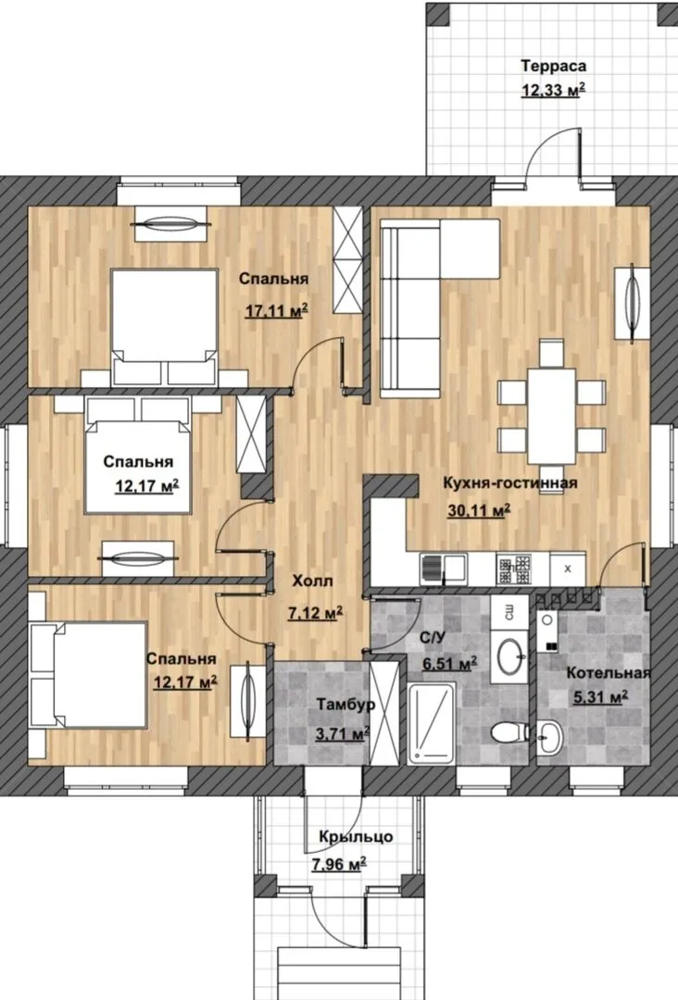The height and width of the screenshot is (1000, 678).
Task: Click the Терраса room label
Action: pos(554,66)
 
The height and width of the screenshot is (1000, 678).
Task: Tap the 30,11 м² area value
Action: pos(479,511)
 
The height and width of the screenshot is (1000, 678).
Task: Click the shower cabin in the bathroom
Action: pos(432,723)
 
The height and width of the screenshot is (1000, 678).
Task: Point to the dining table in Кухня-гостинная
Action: pos(551,416)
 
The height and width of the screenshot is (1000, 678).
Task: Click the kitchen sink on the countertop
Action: pos(443,569)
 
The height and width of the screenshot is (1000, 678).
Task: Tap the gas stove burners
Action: pos(515,569)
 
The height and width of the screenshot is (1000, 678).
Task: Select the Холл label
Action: pos(312,581)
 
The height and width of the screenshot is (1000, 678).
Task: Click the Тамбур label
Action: pos(346,705)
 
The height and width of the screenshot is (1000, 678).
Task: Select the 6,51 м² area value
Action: pos(451,663)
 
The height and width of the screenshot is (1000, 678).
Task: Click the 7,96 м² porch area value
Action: pos(339,865)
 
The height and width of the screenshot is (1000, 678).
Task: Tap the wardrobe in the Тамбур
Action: pos(384,713)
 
